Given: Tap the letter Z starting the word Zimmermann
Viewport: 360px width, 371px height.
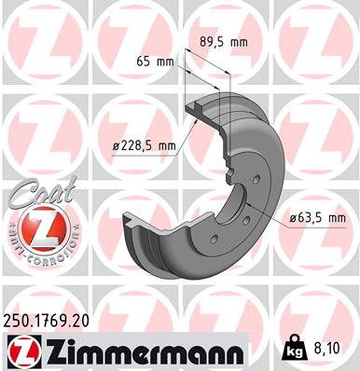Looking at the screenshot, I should [x=52, y=352].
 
